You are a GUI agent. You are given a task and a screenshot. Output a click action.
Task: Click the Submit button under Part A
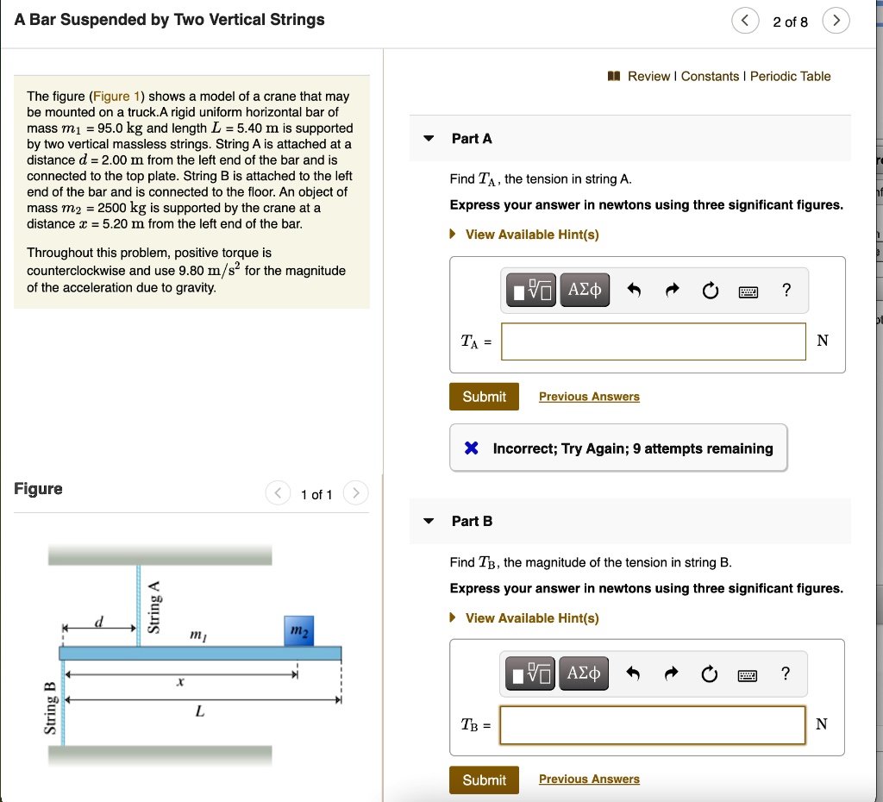point(484,397)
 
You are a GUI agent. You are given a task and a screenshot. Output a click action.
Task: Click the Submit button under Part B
point(484,780)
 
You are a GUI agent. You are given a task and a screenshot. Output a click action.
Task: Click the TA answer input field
point(653,341)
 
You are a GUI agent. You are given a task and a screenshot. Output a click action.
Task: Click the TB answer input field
point(653,724)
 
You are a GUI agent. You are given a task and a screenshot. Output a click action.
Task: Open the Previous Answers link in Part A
point(589,397)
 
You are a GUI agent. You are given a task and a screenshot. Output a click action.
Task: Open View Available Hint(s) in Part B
point(531,618)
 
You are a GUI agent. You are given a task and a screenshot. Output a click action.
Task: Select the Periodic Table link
point(790,77)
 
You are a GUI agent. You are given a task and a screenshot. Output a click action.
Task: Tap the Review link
point(648,77)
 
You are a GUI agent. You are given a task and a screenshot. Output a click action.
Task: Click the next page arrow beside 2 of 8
point(836,22)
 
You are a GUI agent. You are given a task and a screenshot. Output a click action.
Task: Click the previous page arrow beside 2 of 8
point(745,22)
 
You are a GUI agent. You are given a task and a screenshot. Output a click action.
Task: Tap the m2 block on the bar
point(297,631)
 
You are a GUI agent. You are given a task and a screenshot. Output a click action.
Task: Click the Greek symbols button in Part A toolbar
point(585,291)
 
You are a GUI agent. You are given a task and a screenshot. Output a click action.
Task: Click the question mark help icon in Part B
point(785,674)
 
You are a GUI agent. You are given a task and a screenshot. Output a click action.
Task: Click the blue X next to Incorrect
point(472,448)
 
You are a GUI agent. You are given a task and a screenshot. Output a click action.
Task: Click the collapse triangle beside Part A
point(429,139)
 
